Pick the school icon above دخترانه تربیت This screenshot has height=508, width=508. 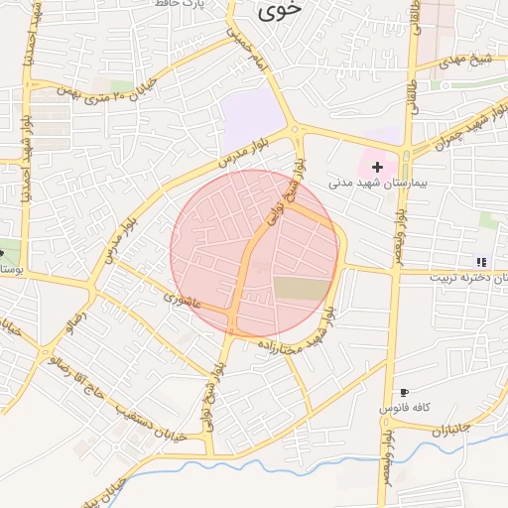(x=481, y=262)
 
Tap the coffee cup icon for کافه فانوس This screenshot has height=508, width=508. (x=403, y=393)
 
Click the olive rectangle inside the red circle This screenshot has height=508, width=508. (x=300, y=289)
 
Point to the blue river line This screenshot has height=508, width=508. (x=248, y=459)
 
